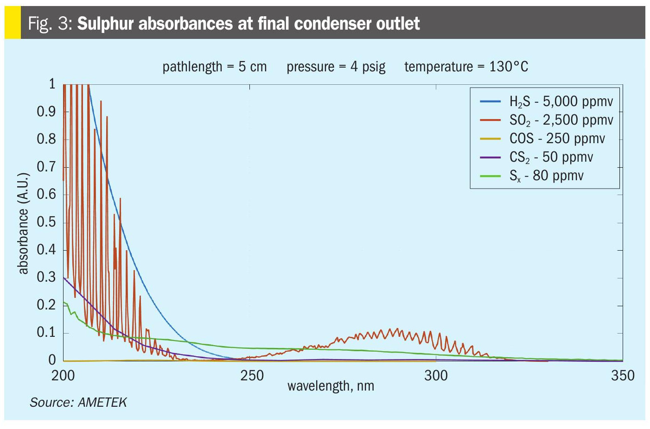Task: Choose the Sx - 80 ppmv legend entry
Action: pos(546,176)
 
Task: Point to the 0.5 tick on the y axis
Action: pos(46,222)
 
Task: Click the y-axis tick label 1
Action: pos(52,84)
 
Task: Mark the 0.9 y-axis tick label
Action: pos(46,112)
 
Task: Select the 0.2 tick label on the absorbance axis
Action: pos(46,305)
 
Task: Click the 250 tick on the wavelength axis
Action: pos(252,375)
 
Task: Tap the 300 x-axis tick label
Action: pos(436,375)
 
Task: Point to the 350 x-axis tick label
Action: pos(623,375)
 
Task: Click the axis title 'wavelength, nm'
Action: pos(331,386)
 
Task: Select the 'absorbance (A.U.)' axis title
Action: pos(23,223)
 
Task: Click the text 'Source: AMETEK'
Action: pos(78,402)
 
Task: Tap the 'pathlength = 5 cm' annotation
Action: pos(215,67)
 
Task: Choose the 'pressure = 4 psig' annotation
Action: pos(336,67)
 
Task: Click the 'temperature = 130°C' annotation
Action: pos(466,67)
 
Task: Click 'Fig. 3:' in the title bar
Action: pos(50,23)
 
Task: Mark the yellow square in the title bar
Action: pos(13,23)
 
